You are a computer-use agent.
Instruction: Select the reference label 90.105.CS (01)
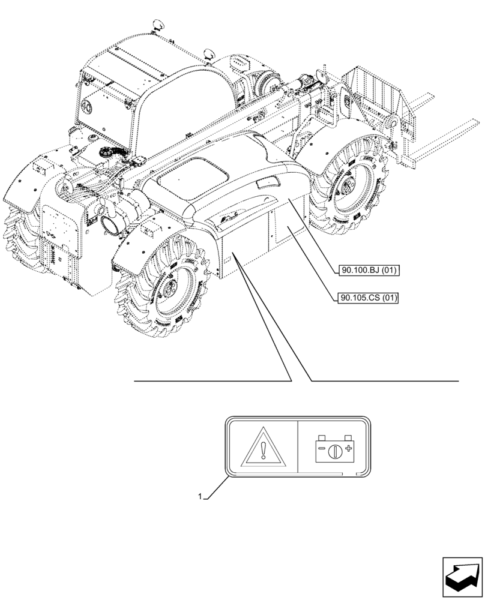tap(369, 297)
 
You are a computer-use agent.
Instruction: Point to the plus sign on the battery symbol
tap(348, 449)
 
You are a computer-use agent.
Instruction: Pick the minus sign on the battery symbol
tap(323, 449)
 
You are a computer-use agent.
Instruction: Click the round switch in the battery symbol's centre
tap(335, 449)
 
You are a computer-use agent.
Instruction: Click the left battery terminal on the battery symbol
tap(322, 437)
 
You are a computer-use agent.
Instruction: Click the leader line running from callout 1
tap(216, 488)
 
